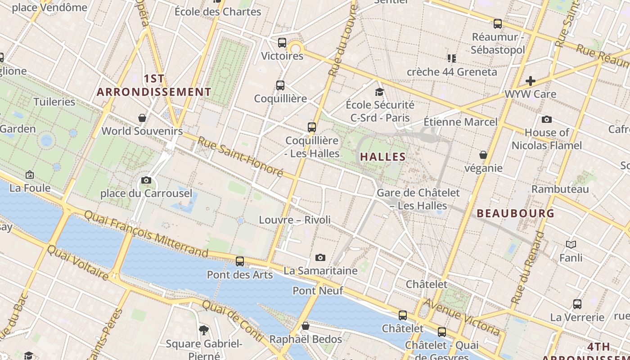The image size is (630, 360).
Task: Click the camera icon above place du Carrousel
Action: [x=146, y=180]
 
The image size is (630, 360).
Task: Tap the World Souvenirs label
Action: [x=142, y=131]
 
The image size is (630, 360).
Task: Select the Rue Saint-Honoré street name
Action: [x=240, y=157]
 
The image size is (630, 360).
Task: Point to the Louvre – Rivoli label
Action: [x=295, y=220]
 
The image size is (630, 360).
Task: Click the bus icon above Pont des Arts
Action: [x=240, y=261]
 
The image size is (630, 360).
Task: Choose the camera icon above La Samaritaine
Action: [x=320, y=257]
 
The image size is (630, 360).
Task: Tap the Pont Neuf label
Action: [x=318, y=291]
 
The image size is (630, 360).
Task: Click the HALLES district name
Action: [x=383, y=157]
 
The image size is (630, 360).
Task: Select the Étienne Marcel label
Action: [x=461, y=122]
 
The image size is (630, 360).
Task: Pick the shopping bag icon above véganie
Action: [x=483, y=155]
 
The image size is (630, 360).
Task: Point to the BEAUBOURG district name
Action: [x=515, y=213]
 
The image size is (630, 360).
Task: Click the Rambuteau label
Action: [x=560, y=189]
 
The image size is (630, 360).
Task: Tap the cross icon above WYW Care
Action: [x=531, y=81]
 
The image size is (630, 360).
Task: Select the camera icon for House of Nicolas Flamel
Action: [x=547, y=119]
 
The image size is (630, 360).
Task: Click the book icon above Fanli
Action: [x=571, y=244]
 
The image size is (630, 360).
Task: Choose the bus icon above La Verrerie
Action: [x=577, y=304]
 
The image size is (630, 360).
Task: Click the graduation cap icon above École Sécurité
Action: [x=380, y=92]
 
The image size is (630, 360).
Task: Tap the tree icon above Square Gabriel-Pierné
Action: [x=204, y=330]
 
